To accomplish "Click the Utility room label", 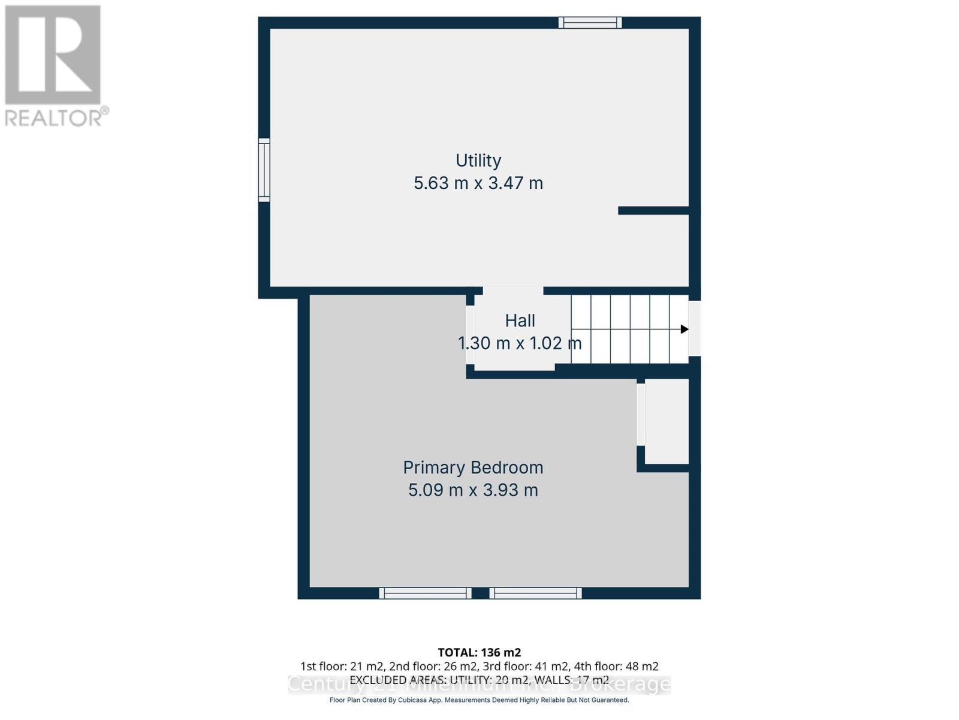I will point(478,160).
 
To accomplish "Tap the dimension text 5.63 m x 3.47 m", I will point(478,182).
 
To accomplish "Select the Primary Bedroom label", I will point(473,467).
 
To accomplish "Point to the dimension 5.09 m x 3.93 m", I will point(473,490).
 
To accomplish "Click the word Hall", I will point(520,321).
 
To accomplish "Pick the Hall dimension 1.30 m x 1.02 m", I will point(520,343).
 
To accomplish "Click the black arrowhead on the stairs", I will point(684,329).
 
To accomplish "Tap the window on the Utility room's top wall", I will point(590,23).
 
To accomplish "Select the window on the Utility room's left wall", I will point(264,169).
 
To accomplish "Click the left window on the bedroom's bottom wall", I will point(425,593).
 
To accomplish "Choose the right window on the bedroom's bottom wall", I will point(535,593).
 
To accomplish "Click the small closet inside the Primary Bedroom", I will point(667,422).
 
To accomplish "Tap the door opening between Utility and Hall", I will point(513,291).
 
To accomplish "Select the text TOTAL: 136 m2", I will point(479,652).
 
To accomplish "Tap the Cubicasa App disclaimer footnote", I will point(479,700).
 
